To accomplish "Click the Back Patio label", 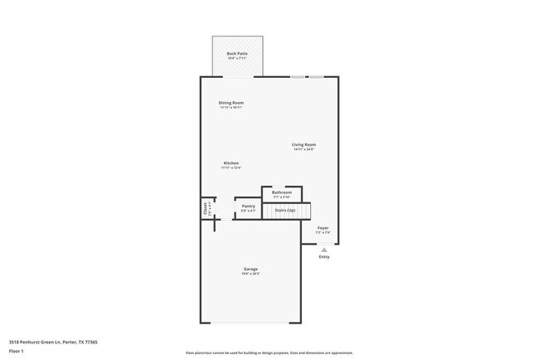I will (x=237, y=54).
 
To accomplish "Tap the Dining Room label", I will (x=231, y=103).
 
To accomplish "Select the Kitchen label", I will (x=231, y=163).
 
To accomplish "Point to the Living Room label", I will (x=303, y=144).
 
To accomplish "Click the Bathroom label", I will (x=281, y=192).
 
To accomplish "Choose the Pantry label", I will (x=248, y=207).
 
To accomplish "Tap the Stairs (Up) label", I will (x=285, y=211).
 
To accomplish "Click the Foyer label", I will (x=323, y=227).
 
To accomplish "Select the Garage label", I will (x=250, y=269).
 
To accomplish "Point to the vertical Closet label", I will (x=206, y=209).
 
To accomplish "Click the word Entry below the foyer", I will (x=324, y=256).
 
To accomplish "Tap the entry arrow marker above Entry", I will (x=324, y=248).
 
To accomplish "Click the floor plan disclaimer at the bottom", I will (x=269, y=352).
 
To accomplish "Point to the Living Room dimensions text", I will (x=303, y=149).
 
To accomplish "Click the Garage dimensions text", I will (x=250, y=274).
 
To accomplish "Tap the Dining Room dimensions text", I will (x=231, y=108).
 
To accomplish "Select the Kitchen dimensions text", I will (x=231, y=168).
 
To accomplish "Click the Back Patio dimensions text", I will (x=237, y=59).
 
